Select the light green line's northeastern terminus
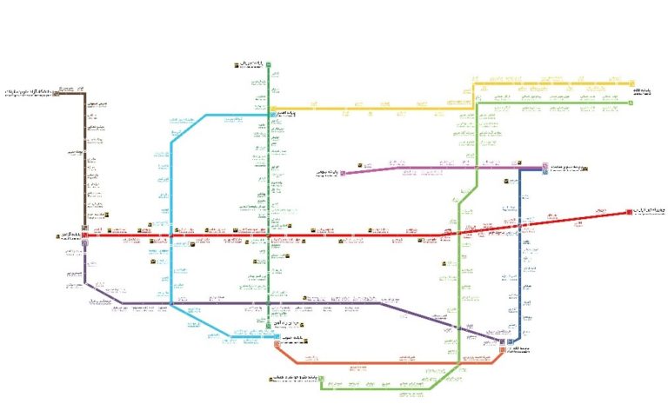(x=631, y=103)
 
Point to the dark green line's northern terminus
(x=269, y=64)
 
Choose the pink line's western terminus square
(x=343, y=173)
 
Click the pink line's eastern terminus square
(x=545, y=165)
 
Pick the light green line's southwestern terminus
(x=321, y=379)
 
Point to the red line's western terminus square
(x=84, y=235)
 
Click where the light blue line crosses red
(x=171, y=235)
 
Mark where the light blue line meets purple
(x=171, y=303)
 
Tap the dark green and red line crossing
(x=269, y=235)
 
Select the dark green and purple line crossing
(x=269, y=303)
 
